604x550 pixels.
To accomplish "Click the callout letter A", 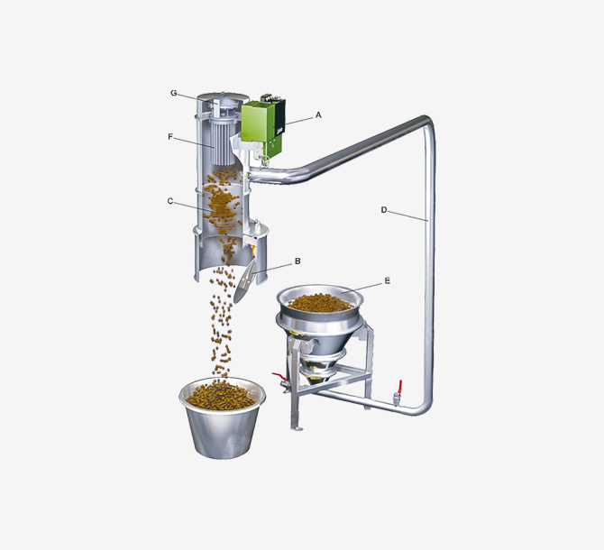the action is coord(318,115).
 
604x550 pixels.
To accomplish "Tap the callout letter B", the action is coord(297,261).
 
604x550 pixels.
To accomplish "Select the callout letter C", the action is coord(170,201).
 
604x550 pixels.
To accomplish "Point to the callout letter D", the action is coord(384,210).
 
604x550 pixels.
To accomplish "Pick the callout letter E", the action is coord(387,280).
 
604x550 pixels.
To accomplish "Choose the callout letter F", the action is coord(170,137).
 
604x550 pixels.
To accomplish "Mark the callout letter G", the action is coord(174,93).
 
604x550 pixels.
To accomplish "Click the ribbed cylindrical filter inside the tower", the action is coord(223,143).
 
